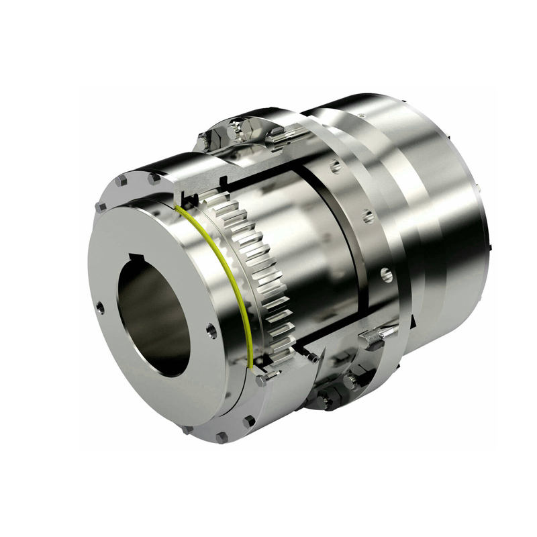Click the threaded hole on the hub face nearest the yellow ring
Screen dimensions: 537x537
[x=210, y=331]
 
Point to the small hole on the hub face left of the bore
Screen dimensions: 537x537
[x=101, y=307]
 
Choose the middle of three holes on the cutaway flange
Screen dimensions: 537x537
[x=368, y=216]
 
